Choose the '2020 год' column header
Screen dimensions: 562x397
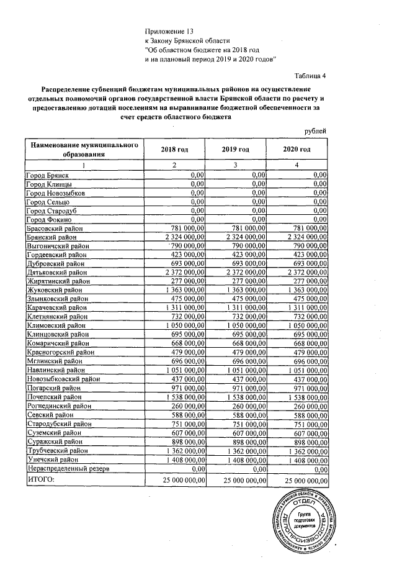point(297,150)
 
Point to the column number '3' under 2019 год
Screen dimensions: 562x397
point(236,165)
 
